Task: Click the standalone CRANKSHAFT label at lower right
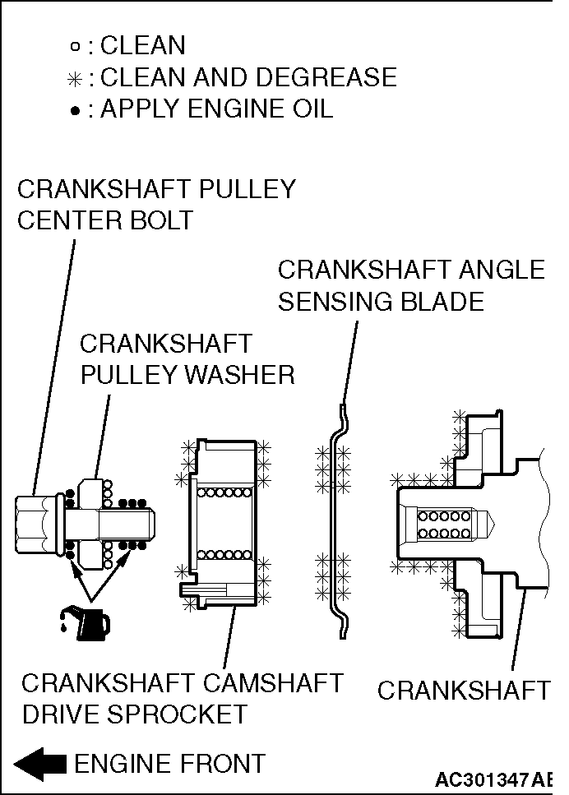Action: point(463,691)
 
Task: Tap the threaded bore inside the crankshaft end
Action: point(444,523)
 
